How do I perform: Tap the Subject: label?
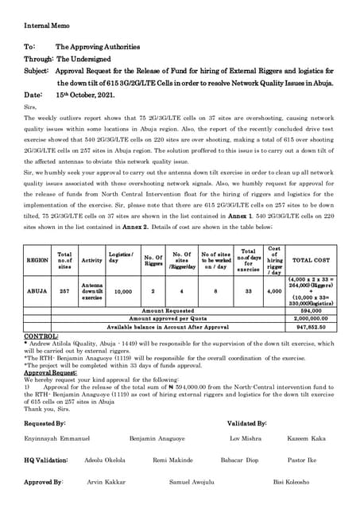(37, 71)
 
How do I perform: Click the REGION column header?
(37, 260)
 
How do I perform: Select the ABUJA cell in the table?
(37, 291)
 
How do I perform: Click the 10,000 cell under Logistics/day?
(120, 291)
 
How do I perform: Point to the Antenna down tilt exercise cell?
(91, 291)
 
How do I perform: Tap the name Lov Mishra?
(245, 438)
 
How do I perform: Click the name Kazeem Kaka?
(307, 438)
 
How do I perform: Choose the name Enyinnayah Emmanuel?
(57, 438)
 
